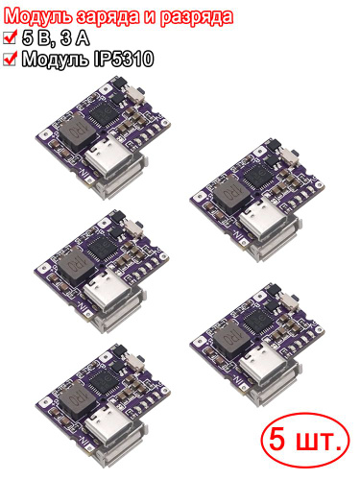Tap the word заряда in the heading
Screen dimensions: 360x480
[108, 17]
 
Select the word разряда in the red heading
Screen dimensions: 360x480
[196, 17]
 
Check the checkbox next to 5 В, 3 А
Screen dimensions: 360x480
[10, 37]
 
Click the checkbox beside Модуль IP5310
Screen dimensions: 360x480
[10, 59]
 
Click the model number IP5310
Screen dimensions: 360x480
[124, 60]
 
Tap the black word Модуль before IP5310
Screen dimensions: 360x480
[56, 60]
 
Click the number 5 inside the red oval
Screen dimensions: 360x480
[276, 439]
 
